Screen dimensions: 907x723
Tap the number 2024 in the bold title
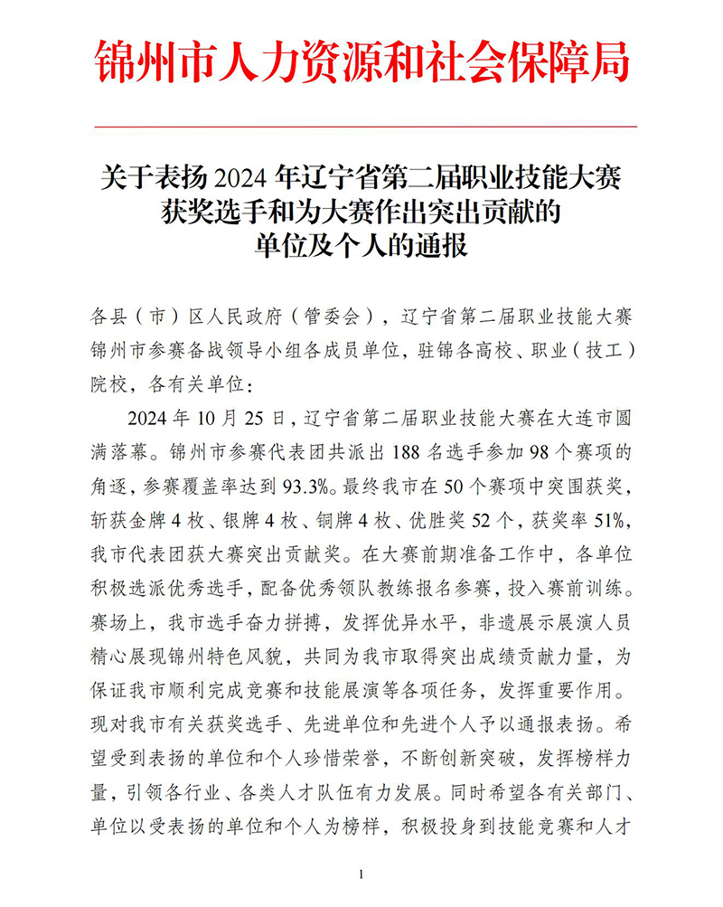[240, 174]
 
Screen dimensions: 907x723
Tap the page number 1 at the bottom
[361, 874]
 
